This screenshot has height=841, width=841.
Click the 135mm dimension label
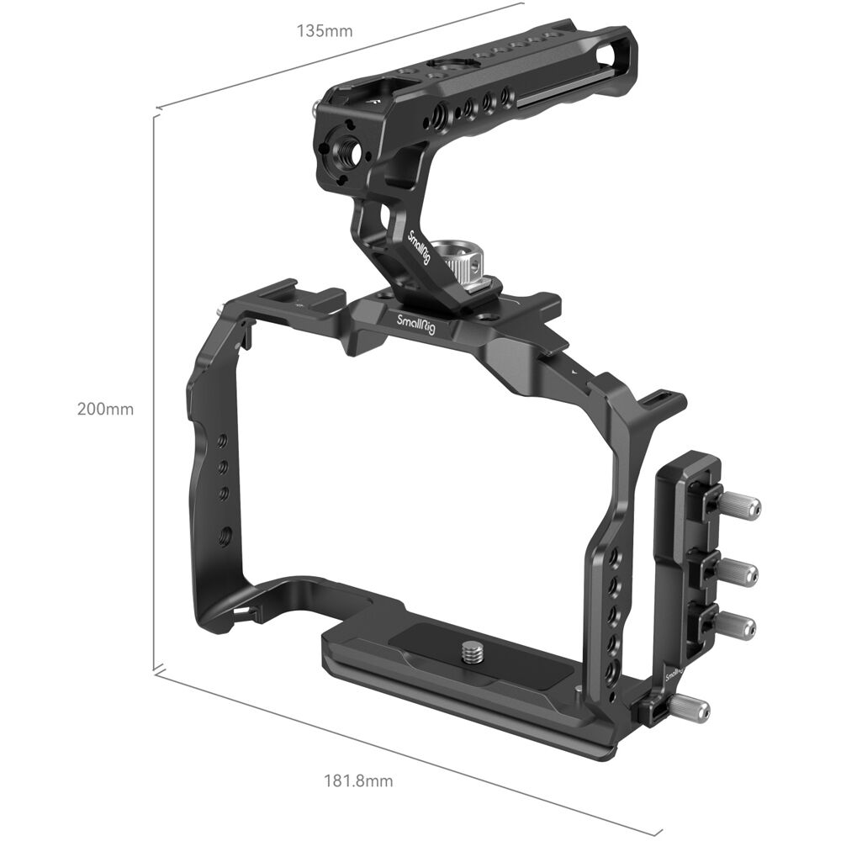coord(324,32)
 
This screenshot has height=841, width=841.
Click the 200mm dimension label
coord(105,410)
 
